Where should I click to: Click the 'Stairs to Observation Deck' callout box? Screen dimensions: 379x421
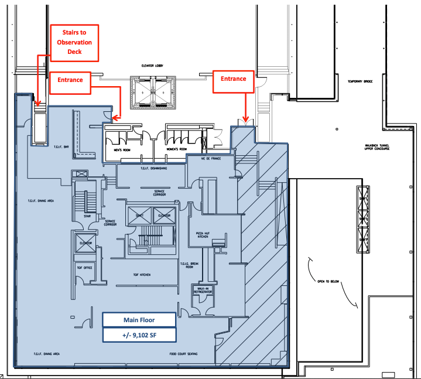[75, 42]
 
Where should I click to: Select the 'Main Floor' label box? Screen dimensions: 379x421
[138, 320]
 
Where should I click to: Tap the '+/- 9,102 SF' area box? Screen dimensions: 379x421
[138, 335]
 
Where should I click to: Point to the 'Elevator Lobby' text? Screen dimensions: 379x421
[152, 66]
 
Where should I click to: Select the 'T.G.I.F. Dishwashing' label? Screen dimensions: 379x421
[154, 168]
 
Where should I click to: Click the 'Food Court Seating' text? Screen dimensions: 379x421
[183, 354]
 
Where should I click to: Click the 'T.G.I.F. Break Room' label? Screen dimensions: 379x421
[187, 265]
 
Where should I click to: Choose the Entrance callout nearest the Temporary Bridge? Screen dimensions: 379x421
[234, 78]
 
